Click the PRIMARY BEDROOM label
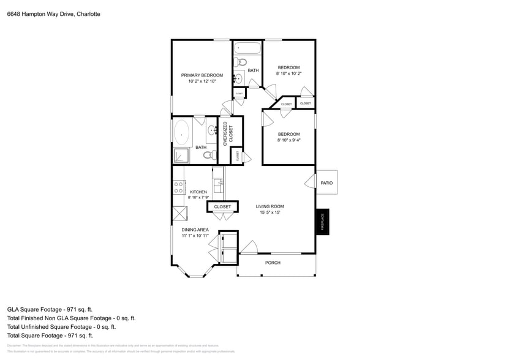tap(202, 75)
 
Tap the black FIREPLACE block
tap(322, 222)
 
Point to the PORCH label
tap(273, 263)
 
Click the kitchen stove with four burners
tap(179, 187)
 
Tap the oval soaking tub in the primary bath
tap(183, 132)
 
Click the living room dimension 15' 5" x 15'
tap(270, 213)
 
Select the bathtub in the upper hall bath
tap(247, 48)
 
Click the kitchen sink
tap(217, 184)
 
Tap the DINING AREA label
tap(195, 230)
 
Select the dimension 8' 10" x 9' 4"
tap(288, 140)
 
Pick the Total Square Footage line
tap(50, 336)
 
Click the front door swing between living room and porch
tap(248, 247)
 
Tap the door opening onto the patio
tap(311, 182)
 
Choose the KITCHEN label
tap(198, 192)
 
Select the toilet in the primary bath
tap(208, 154)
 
